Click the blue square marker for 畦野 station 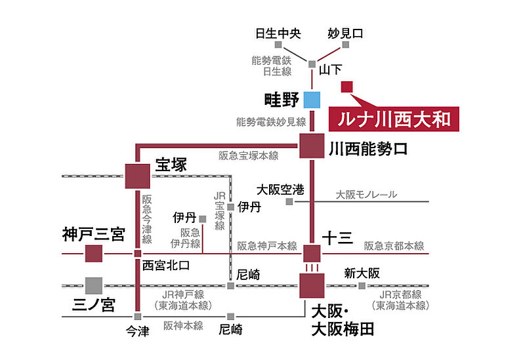click(312, 100)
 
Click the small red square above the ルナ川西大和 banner click(347, 87)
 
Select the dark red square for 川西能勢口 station click(312, 146)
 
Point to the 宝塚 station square click(137, 176)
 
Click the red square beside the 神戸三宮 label click(94, 253)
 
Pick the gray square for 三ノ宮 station click(94, 285)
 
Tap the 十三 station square click(312, 253)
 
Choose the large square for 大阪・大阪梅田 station click(312, 286)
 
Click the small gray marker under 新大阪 click(362, 286)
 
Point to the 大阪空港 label click(281, 190)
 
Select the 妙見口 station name click(345, 33)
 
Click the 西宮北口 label click(166, 266)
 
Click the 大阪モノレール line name click(366, 195)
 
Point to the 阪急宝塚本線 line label click(249, 156)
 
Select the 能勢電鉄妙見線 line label click(271, 122)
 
